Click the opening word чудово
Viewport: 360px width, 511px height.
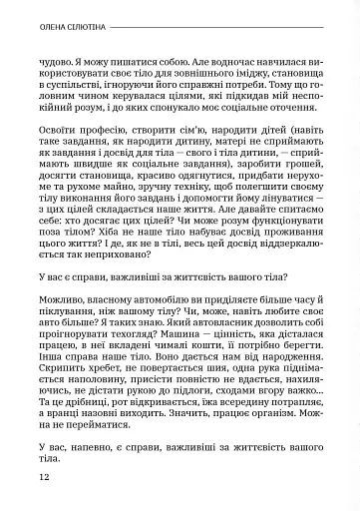click(57, 63)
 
